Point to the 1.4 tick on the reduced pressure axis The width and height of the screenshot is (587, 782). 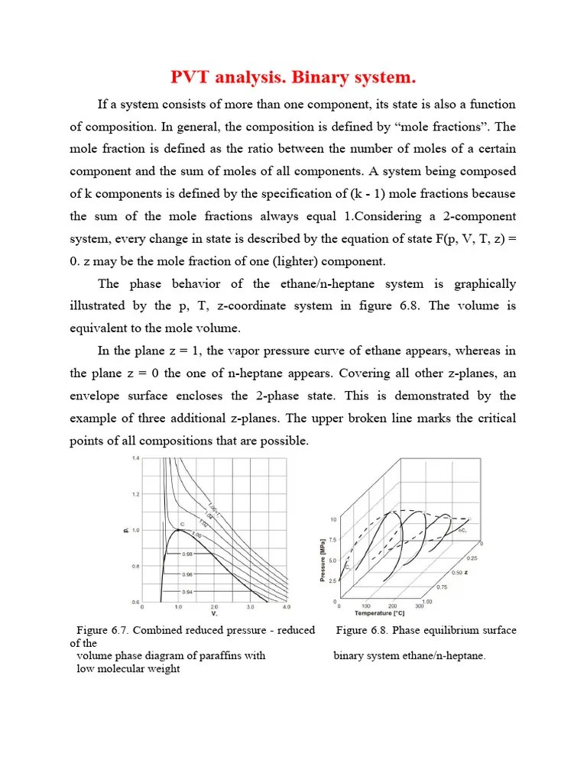[135, 458]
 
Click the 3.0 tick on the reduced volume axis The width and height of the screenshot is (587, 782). [250, 608]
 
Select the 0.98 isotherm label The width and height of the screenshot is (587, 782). [188, 555]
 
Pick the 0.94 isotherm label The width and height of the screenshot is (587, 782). [188, 592]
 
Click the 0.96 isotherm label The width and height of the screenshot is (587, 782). [188, 574]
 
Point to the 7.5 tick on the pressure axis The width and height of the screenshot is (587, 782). [333, 539]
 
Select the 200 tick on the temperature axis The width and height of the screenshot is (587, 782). [392, 606]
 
